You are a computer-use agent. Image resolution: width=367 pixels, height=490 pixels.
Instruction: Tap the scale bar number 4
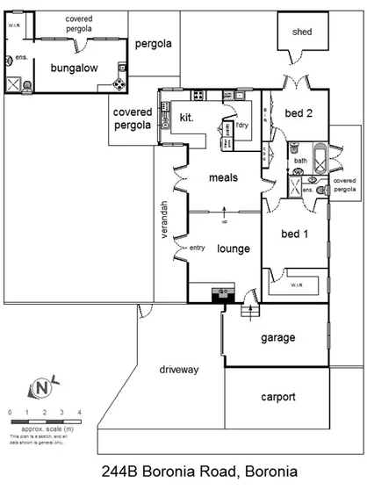pyautogui.click(x=80, y=412)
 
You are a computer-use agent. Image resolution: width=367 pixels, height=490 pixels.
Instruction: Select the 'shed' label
pyautogui.click(x=302, y=32)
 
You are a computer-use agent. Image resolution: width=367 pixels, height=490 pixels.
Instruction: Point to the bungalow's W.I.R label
pyautogui.click(x=14, y=25)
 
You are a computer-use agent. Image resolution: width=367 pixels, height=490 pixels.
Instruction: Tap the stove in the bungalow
pyautogui.click(x=119, y=83)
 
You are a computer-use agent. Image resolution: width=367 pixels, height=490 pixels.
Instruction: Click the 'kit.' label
pyautogui.click(x=187, y=117)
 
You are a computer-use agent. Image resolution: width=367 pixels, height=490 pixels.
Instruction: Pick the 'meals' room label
pyautogui.click(x=223, y=178)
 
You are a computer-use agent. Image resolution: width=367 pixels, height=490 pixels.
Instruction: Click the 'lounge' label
pyautogui.click(x=234, y=249)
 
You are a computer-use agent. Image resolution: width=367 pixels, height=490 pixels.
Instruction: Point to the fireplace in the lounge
pyautogui.click(x=223, y=292)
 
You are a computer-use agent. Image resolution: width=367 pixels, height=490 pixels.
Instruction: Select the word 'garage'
pyautogui.click(x=277, y=338)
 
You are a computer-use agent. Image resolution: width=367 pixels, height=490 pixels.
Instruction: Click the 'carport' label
pyautogui.click(x=277, y=397)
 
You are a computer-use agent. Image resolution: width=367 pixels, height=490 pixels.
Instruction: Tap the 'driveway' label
pyautogui.click(x=180, y=370)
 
